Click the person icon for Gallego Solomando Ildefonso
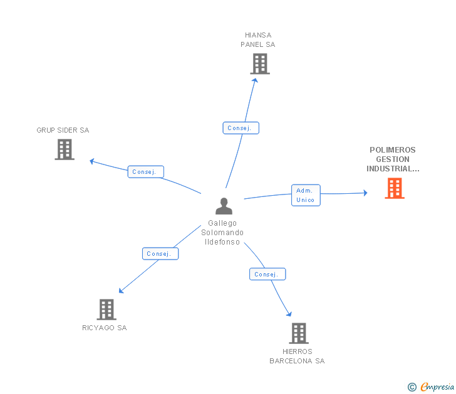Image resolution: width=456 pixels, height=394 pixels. [224, 206]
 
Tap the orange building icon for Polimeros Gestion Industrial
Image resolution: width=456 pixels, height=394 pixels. [394, 188]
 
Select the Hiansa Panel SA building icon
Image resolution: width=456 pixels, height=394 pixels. [259, 64]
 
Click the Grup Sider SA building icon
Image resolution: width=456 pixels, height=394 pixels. [64, 149]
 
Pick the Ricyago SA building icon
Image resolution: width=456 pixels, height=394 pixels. [106, 309]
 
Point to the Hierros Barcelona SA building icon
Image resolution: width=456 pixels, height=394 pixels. [299, 333]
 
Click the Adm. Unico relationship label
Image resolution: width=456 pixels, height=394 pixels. [306, 195]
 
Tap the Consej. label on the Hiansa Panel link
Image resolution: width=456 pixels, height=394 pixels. [241, 128]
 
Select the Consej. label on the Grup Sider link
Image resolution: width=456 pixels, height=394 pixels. [146, 171]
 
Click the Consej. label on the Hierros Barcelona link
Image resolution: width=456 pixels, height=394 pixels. [267, 275]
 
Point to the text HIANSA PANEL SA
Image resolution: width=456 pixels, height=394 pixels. [258, 40]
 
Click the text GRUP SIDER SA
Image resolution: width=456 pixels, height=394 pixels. [63, 130]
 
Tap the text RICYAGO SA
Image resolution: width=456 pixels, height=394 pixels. [105, 328]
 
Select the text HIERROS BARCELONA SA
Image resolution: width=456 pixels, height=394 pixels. [297, 356]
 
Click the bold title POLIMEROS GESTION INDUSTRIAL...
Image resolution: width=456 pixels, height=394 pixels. [393, 159]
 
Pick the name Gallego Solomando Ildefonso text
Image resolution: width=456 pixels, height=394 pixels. [222, 233]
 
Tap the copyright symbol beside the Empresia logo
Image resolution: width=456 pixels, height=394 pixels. [412, 387]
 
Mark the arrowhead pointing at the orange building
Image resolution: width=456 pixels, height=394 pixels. [365, 193]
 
